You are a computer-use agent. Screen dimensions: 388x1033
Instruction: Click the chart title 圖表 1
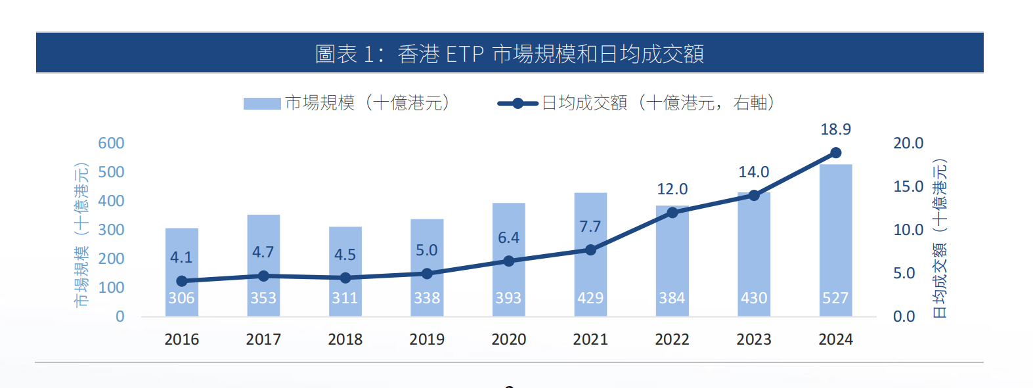[x=509, y=53]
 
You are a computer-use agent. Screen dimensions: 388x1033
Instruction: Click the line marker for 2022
[x=672, y=213]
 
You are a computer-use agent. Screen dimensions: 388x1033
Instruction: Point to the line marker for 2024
[x=835, y=153]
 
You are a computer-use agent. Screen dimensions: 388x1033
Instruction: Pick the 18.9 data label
[x=835, y=129]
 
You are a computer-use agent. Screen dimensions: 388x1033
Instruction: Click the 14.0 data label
[x=753, y=172]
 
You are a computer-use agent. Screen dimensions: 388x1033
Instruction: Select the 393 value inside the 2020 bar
[x=508, y=298]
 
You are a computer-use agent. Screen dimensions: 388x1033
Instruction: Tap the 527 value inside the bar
[x=835, y=298]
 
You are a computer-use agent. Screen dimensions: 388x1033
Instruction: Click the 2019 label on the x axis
[x=427, y=339]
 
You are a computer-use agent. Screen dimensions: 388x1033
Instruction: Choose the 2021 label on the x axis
[x=590, y=339]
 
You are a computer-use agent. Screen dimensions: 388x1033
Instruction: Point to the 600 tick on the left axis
[x=111, y=143]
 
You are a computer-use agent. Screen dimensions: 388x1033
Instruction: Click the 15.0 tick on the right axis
[x=908, y=186]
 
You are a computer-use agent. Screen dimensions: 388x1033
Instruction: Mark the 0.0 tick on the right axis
[x=904, y=316]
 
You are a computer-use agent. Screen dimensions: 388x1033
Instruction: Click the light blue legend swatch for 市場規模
[x=262, y=104]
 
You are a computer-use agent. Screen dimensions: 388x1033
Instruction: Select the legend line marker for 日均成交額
[x=517, y=104]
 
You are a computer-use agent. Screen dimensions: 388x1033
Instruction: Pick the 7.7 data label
[x=590, y=226]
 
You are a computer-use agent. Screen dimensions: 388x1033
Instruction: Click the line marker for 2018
[x=345, y=278]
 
